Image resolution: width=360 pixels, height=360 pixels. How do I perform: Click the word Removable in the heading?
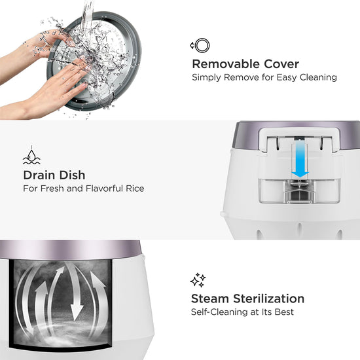[226, 64]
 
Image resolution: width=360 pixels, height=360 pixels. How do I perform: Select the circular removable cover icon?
[200, 45]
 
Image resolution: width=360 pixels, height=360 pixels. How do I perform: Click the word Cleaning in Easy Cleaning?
[318, 78]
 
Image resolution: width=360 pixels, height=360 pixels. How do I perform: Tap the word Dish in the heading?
[71, 175]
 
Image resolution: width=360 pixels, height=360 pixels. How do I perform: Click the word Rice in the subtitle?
[135, 189]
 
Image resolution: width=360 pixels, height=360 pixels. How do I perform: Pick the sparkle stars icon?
[198, 280]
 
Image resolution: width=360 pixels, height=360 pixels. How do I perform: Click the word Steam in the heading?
[210, 298]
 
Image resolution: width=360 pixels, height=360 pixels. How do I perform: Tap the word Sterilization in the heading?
[268, 298]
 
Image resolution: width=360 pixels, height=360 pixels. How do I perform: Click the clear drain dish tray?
[299, 191]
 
